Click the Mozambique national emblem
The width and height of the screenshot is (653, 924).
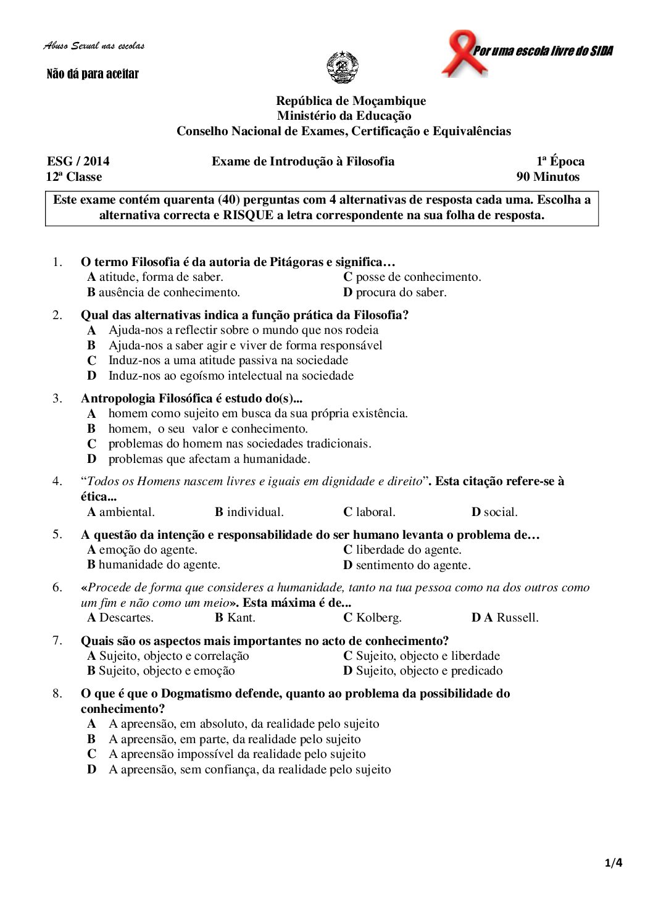click(x=342, y=67)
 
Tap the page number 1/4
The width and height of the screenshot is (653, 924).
click(x=613, y=863)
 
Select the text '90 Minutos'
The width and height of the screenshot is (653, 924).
click(x=548, y=177)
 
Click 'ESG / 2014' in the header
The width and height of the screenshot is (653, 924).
click(x=78, y=161)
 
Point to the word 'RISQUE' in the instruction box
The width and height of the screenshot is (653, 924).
click(x=247, y=215)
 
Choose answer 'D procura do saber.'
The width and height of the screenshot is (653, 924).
click(x=395, y=292)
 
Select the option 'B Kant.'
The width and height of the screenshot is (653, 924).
click(x=235, y=617)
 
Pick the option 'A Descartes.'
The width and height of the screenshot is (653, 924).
click(x=120, y=617)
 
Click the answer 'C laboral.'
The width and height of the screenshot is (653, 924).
click(x=369, y=512)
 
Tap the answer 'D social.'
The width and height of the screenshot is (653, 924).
click(x=494, y=512)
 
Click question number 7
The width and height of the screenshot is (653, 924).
click(x=57, y=640)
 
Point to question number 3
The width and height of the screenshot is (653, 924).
click(x=57, y=398)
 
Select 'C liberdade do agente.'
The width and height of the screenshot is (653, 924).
click(x=402, y=549)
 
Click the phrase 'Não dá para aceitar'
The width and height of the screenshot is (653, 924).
click(x=93, y=74)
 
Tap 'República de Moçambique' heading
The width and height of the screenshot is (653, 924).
click(x=351, y=101)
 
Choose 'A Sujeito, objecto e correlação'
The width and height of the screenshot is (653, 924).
click(x=168, y=656)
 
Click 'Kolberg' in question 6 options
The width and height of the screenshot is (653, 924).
click(x=378, y=617)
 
